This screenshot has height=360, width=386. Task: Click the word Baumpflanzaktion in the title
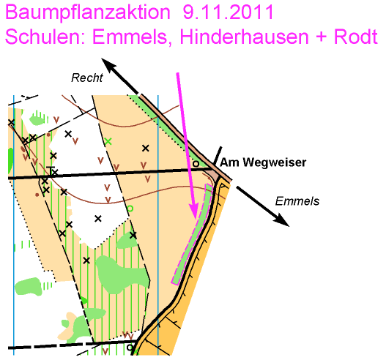tap(88, 12)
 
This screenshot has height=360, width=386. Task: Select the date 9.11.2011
tap(229, 12)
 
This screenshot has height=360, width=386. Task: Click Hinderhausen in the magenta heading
tap(244, 37)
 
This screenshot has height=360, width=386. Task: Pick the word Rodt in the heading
tap(356, 37)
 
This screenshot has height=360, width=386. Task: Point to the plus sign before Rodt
tap(322, 37)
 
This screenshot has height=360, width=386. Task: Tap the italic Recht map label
tap(87, 78)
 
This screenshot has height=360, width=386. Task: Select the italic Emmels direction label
tap(297, 201)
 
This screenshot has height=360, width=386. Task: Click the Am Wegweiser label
tap(263, 162)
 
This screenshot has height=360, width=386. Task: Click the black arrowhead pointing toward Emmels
tap(281, 219)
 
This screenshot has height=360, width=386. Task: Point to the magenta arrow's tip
tap(196, 218)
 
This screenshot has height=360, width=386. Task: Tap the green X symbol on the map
tap(108, 141)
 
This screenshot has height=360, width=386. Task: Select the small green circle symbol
tap(130, 209)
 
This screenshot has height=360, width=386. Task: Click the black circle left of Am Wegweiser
tap(196, 163)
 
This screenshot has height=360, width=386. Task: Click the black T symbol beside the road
tap(51, 170)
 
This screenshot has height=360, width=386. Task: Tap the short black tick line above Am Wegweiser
tap(218, 157)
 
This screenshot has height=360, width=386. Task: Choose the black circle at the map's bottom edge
tap(130, 348)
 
